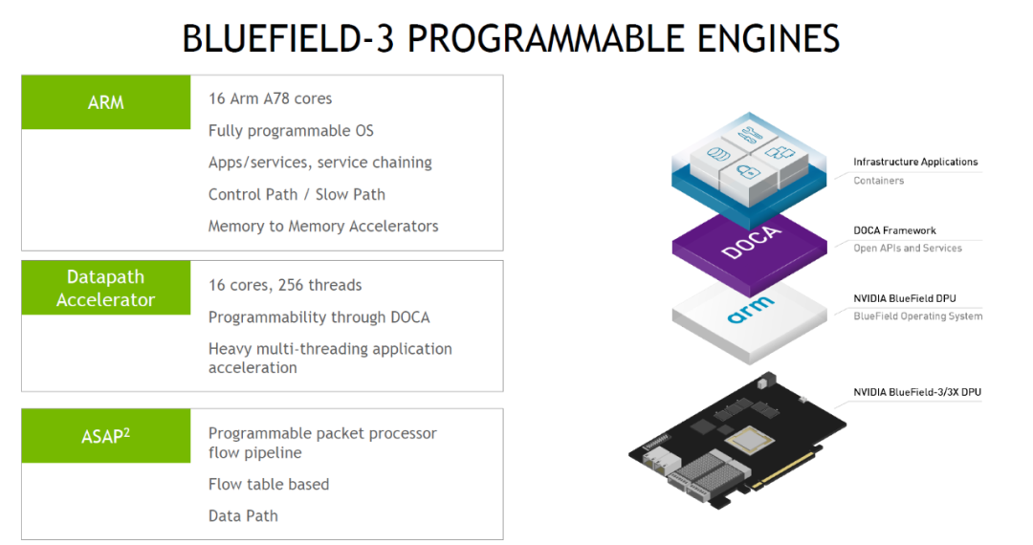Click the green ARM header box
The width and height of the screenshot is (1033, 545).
click(105, 102)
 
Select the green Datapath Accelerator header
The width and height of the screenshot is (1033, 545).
click(105, 288)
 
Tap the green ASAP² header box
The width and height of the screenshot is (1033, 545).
click(105, 436)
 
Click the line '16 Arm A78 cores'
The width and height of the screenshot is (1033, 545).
click(270, 98)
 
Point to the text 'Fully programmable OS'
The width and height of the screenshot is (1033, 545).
click(291, 130)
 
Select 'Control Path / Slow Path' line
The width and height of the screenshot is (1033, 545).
click(297, 194)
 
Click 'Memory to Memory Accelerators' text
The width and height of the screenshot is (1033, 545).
click(323, 227)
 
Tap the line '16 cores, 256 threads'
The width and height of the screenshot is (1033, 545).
click(285, 285)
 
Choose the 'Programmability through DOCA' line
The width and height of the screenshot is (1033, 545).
click(319, 316)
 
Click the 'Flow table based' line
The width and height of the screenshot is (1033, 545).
click(269, 484)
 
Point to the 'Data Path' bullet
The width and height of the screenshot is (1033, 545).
click(243, 515)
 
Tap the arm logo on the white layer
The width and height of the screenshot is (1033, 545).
click(751, 311)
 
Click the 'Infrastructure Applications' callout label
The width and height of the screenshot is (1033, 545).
click(915, 163)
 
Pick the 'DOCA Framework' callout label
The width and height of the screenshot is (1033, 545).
click(894, 230)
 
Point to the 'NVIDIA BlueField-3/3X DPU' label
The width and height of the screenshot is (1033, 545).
click(917, 392)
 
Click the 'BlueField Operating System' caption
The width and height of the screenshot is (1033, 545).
click(917, 316)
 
